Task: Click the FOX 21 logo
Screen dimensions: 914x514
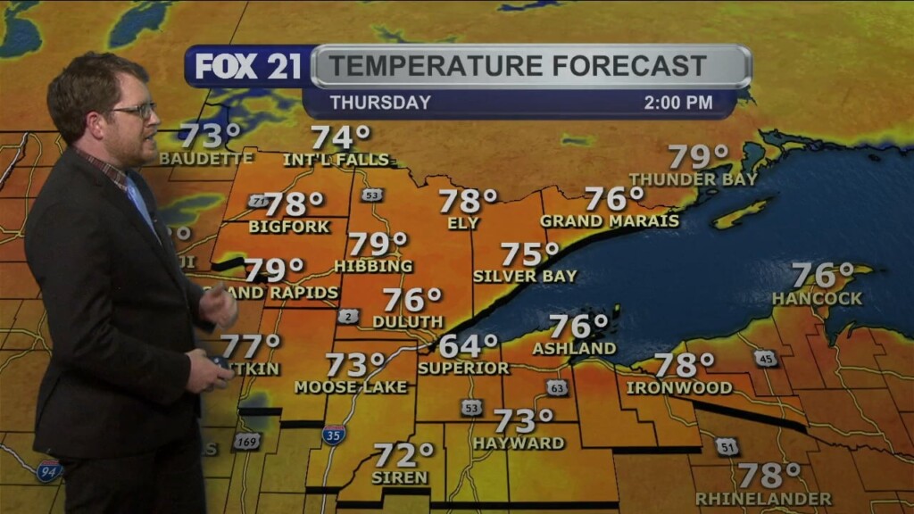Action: pyautogui.click(x=248, y=66)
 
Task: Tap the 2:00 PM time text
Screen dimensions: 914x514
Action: pyautogui.click(x=677, y=103)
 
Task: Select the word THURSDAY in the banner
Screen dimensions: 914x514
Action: pyautogui.click(x=379, y=103)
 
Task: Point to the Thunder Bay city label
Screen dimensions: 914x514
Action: pyautogui.click(x=693, y=178)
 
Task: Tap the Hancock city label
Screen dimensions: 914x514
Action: pyautogui.click(x=817, y=298)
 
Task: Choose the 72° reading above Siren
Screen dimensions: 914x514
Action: pyautogui.click(x=403, y=456)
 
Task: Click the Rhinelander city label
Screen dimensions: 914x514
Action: pyautogui.click(x=763, y=498)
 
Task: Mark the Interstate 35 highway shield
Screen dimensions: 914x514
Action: pyautogui.click(x=334, y=435)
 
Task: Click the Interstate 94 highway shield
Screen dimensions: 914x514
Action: pyautogui.click(x=48, y=470)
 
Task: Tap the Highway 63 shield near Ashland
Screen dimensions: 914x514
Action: pyautogui.click(x=557, y=387)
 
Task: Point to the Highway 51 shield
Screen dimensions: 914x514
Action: pyautogui.click(x=727, y=446)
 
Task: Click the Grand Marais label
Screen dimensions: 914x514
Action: pyautogui.click(x=609, y=220)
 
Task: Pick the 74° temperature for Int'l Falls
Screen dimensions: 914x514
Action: pyautogui.click(x=340, y=137)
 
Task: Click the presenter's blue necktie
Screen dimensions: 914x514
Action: pyautogui.click(x=141, y=204)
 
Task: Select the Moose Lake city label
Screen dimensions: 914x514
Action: pyautogui.click(x=350, y=386)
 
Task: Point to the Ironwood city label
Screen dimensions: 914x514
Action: pyautogui.click(x=678, y=387)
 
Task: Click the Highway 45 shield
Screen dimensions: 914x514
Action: pyautogui.click(x=765, y=359)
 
